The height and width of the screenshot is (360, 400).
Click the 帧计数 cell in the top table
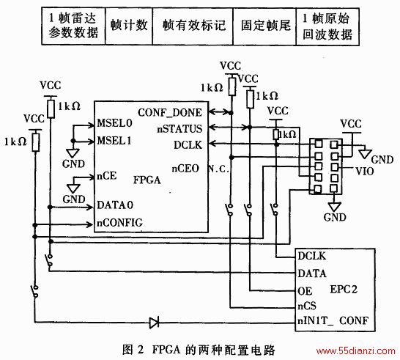(x=129, y=26)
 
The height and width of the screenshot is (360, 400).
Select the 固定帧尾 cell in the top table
(x=264, y=26)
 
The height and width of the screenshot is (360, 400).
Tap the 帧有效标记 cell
(x=193, y=26)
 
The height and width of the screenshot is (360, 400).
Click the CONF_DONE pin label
(x=170, y=113)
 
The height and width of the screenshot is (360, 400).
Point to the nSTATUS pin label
(x=179, y=129)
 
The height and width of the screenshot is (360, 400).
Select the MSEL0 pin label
(x=114, y=123)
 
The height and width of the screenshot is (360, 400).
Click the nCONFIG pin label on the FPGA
(x=119, y=223)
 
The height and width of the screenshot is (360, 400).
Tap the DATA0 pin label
(x=115, y=205)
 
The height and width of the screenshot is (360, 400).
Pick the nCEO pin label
(x=185, y=169)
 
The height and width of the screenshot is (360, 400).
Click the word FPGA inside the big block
(x=147, y=180)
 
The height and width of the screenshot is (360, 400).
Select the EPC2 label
(x=344, y=290)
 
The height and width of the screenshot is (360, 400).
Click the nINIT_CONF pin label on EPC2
(x=333, y=320)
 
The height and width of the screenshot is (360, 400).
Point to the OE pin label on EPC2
(x=305, y=291)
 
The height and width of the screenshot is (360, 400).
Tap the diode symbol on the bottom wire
(x=154, y=323)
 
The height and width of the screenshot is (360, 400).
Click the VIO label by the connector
(x=365, y=171)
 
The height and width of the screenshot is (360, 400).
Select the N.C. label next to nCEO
(x=218, y=169)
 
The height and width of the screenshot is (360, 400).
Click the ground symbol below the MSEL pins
(x=73, y=153)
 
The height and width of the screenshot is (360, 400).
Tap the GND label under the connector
(x=335, y=217)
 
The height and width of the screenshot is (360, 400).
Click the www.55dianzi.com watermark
(x=355, y=351)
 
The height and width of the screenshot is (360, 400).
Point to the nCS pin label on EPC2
(x=307, y=306)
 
